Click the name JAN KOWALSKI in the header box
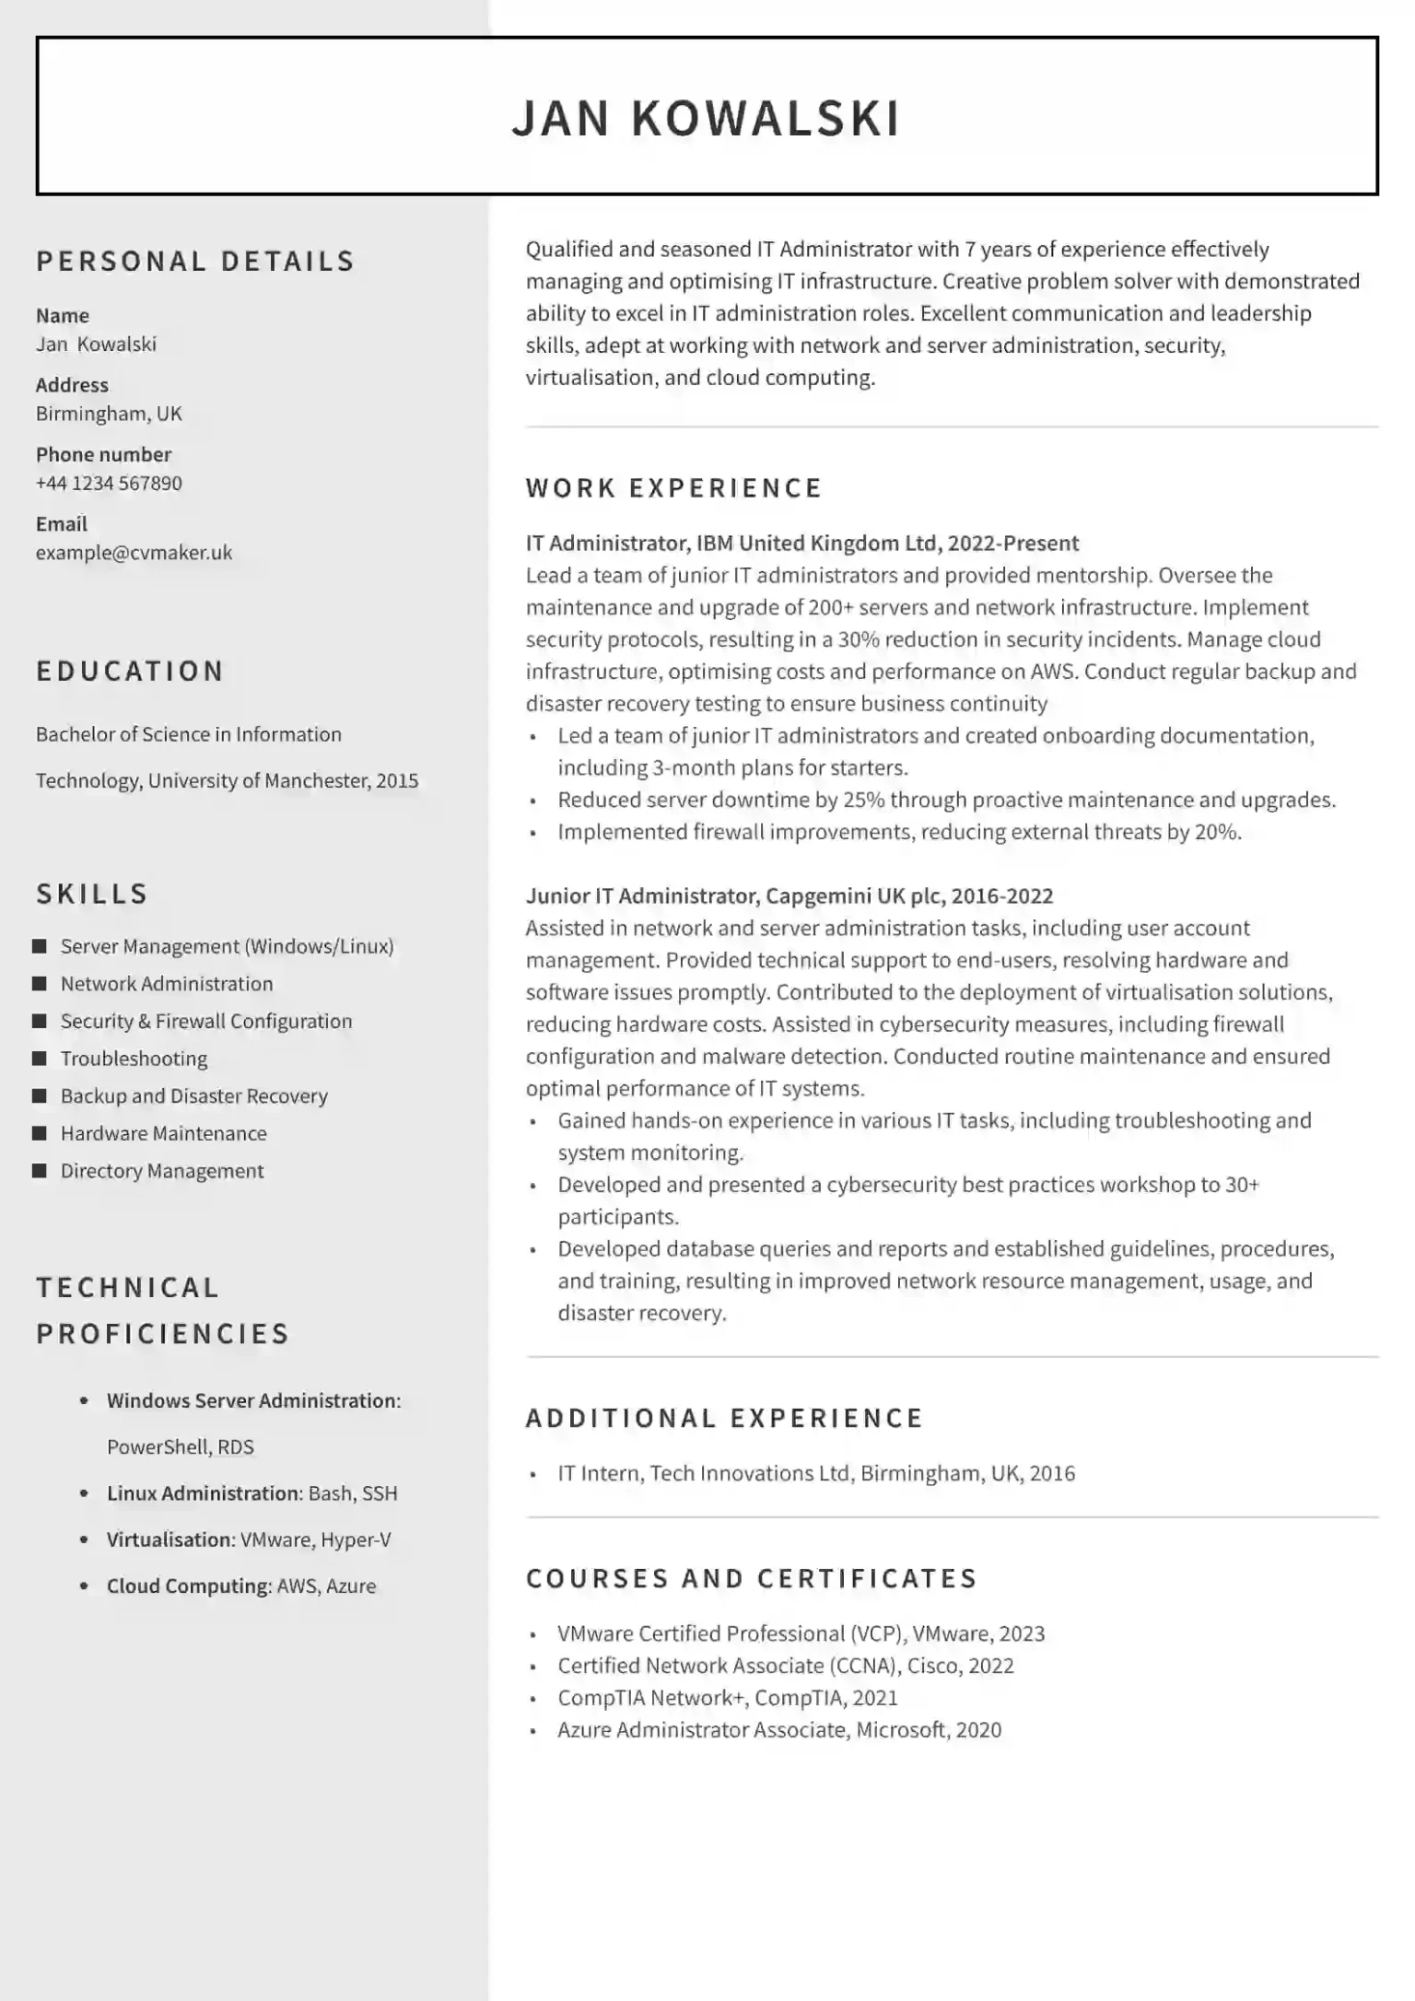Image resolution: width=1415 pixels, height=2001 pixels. click(x=706, y=118)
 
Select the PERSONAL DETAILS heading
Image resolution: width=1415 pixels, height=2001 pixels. click(x=195, y=262)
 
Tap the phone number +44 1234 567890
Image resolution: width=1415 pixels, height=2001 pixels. click(x=109, y=484)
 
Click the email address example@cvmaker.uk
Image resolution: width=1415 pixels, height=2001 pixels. click(x=134, y=553)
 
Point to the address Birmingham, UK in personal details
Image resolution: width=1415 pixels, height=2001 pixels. click(x=109, y=414)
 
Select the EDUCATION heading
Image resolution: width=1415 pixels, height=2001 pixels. click(x=130, y=672)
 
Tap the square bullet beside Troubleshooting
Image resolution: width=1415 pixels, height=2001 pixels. click(x=40, y=1059)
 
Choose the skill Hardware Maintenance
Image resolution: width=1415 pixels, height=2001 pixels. click(x=164, y=1134)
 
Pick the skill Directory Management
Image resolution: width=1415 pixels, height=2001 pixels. click(x=162, y=1171)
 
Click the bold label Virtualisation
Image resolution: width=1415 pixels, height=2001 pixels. click(x=170, y=1539)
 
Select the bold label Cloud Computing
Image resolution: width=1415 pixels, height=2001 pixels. click(x=188, y=1586)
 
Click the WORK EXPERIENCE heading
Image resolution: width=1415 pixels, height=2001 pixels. click(x=673, y=488)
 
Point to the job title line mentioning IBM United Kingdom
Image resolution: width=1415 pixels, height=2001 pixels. click(x=801, y=544)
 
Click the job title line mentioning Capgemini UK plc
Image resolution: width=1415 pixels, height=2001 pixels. click(x=789, y=896)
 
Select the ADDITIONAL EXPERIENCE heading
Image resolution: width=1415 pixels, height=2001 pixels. click(x=724, y=1418)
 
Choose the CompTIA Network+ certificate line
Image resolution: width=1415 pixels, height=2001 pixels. click(x=727, y=1697)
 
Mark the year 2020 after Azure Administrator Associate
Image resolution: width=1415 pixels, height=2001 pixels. click(x=978, y=1729)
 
